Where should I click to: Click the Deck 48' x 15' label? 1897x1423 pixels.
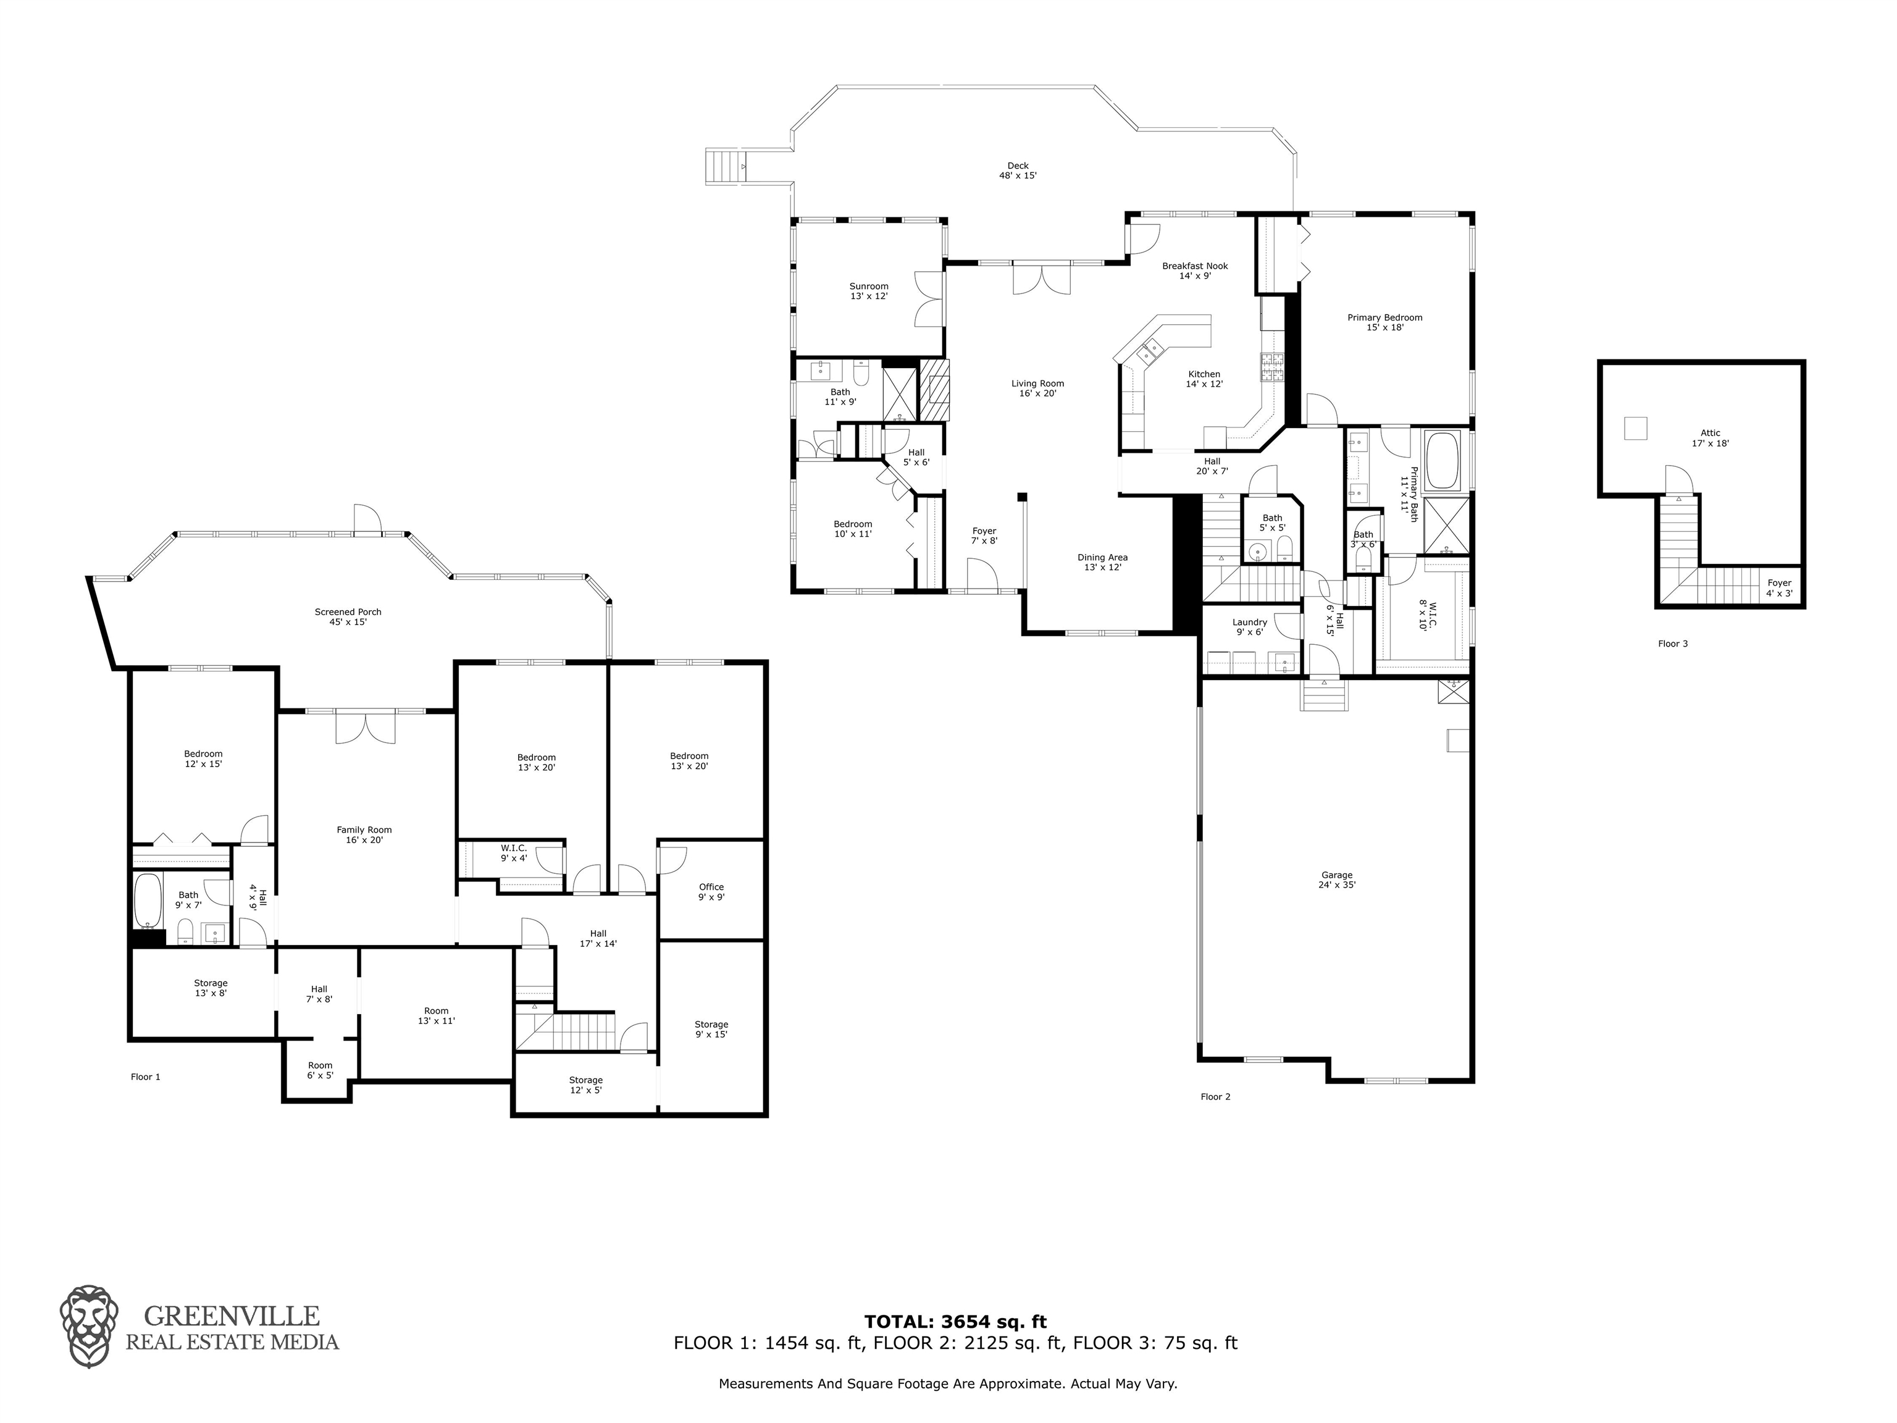1017,170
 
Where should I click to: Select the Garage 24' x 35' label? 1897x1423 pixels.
1337,880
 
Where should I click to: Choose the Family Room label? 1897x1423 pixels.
364,834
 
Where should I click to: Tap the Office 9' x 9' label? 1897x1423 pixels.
711,892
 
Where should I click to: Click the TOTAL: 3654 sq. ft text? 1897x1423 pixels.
955,1322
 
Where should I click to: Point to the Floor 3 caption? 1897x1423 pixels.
1672,644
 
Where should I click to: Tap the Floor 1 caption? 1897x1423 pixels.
145,1077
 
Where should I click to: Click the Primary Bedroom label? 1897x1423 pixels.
1384,322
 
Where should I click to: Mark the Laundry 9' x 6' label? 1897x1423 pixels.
1249,627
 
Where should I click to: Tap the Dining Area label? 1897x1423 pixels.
1102,562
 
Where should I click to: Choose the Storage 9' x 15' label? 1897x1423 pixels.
711,1030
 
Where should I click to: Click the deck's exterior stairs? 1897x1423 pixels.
726,166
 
